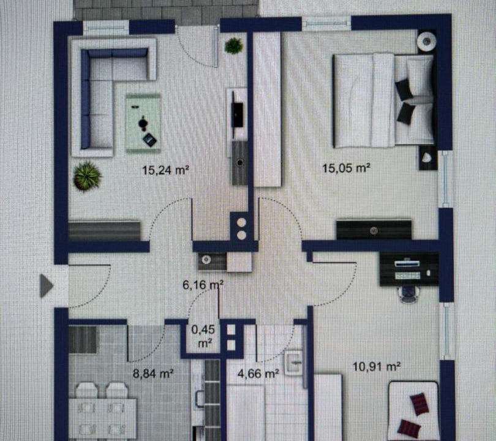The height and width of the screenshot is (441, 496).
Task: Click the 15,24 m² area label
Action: [165, 170]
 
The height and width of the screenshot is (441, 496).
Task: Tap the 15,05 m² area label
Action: [346, 168]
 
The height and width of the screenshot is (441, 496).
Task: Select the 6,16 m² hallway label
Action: [203, 285]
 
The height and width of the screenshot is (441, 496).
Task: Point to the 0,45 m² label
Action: [203, 336]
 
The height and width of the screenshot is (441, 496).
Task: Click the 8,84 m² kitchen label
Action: [153, 374]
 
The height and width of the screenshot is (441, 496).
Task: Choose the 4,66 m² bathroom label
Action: [258, 374]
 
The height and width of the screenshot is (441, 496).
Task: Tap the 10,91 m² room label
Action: [377, 367]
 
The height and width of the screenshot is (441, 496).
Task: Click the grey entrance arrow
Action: [47, 285]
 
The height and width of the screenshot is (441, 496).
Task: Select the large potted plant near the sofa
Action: [87, 176]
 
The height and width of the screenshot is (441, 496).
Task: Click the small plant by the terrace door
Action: [234, 46]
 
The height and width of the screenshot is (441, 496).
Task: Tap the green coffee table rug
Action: [143, 123]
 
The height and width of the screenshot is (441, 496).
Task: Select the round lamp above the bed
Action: [427, 41]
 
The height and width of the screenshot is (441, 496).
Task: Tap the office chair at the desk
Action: [410, 293]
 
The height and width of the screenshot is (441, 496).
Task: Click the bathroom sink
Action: [294, 363]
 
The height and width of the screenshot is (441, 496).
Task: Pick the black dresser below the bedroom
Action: [374, 230]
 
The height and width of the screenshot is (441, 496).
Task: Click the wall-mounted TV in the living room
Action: [237, 114]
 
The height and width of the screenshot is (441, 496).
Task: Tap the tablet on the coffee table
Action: [149, 140]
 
